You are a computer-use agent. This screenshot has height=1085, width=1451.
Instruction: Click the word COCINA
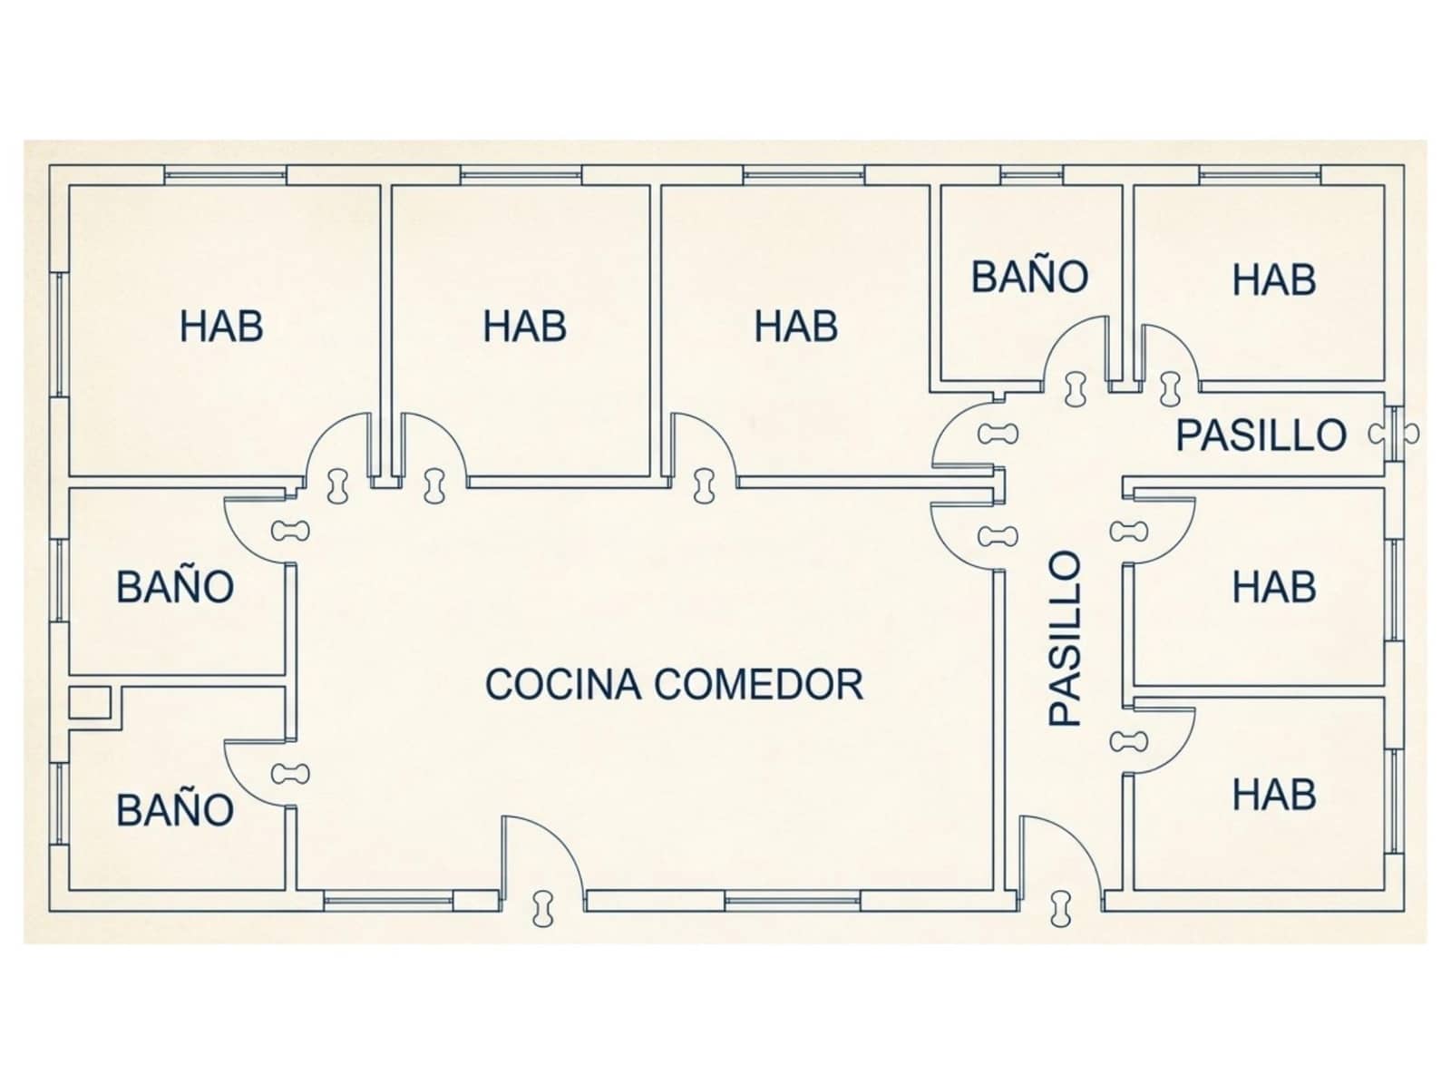(563, 684)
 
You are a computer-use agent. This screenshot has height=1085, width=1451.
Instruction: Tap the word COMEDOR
(759, 684)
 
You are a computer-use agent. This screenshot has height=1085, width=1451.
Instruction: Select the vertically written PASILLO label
(1066, 639)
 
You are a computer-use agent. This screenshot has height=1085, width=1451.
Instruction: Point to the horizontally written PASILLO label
(1261, 435)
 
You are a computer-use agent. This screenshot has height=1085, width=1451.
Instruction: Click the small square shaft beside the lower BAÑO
(89, 702)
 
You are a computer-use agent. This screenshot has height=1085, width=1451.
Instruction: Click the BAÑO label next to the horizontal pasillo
(1029, 277)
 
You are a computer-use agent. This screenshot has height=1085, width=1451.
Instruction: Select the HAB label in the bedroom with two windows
(221, 327)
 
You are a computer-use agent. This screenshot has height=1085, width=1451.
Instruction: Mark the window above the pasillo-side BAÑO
(1032, 175)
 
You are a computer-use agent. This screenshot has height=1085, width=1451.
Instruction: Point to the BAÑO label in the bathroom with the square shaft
(175, 810)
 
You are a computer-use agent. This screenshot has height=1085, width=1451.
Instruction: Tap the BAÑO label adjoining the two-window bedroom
(175, 586)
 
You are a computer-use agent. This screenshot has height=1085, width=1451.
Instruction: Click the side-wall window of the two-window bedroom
(60, 335)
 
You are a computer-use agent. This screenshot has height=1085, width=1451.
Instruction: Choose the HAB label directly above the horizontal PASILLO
(1274, 279)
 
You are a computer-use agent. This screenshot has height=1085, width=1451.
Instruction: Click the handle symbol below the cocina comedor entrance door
(543, 908)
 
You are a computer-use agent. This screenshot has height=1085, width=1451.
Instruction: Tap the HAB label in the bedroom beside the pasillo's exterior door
(1274, 795)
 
